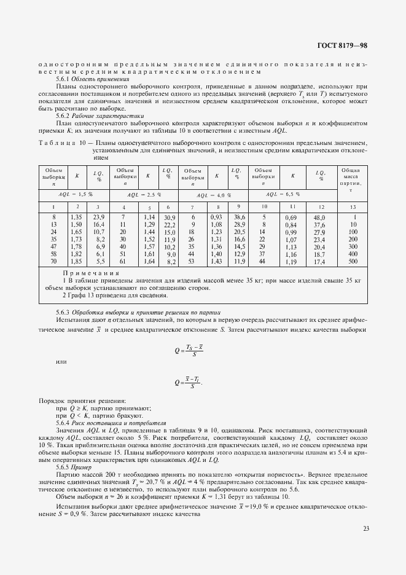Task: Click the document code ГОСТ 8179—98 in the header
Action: click(343, 45)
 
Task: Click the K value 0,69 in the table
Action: click(292, 217)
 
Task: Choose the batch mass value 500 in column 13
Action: click(354, 262)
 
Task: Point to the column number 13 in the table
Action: click(354, 207)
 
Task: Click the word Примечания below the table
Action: click(92, 273)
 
